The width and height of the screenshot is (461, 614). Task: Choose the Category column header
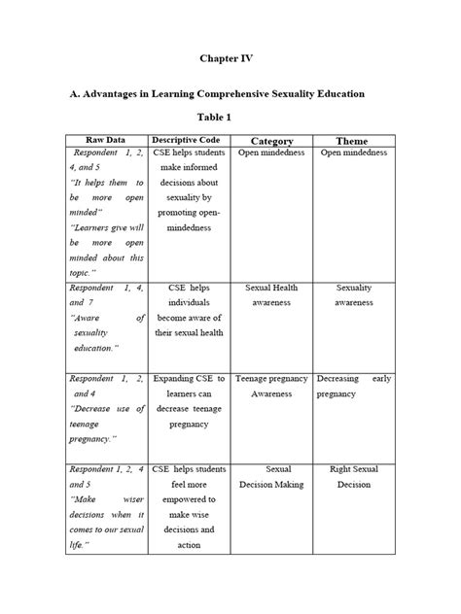click(x=271, y=142)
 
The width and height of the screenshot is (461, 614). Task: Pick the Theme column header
click(x=352, y=142)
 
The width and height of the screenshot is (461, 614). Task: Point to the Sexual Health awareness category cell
click(x=271, y=295)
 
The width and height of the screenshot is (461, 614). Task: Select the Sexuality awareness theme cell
click(x=353, y=295)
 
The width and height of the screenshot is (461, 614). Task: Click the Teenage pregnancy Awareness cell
click(x=271, y=387)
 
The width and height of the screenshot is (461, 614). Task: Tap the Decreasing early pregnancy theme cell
click(x=353, y=387)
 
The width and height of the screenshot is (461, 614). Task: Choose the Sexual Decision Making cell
click(x=271, y=477)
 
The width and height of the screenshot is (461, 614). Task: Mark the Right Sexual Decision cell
click(x=353, y=477)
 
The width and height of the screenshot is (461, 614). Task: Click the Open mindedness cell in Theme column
click(x=353, y=153)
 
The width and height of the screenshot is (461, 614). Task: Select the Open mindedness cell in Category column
click(x=271, y=153)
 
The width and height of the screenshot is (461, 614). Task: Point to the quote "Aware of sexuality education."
click(x=105, y=332)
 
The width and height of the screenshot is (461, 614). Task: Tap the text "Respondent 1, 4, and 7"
click(x=105, y=295)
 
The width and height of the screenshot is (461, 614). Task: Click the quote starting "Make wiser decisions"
click(x=105, y=515)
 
